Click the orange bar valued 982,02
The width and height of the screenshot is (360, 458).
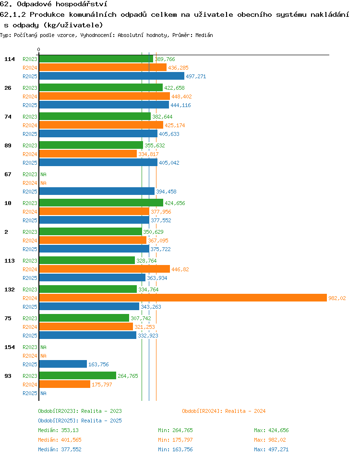click(x=183, y=298)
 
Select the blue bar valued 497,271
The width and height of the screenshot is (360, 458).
click(x=112, y=76)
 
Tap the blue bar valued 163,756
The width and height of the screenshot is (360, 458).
click(x=63, y=364)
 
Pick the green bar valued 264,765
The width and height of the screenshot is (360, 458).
click(x=78, y=375)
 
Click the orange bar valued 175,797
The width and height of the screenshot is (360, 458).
click(x=65, y=385)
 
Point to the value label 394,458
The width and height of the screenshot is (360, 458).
click(x=166, y=192)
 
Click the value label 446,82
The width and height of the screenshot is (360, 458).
click(x=180, y=269)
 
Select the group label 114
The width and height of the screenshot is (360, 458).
click(x=9, y=59)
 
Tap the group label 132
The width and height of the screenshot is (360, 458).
click(x=9, y=289)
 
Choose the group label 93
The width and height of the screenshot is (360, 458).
click(x=8, y=376)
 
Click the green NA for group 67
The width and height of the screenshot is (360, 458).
click(x=43, y=174)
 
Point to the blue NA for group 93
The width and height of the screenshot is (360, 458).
click(x=43, y=393)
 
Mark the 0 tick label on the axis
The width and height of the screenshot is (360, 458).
click(x=38, y=49)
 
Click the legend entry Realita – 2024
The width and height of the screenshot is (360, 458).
click(x=224, y=411)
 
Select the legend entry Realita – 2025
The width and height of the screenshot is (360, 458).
click(x=80, y=421)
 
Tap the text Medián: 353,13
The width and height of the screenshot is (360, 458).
click(x=58, y=430)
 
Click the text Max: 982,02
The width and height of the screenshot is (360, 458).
click(x=270, y=440)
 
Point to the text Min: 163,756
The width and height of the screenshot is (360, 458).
click(x=175, y=449)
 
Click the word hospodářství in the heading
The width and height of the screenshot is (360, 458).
click(x=82, y=4)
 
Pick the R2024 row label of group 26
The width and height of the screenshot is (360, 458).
click(x=30, y=96)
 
